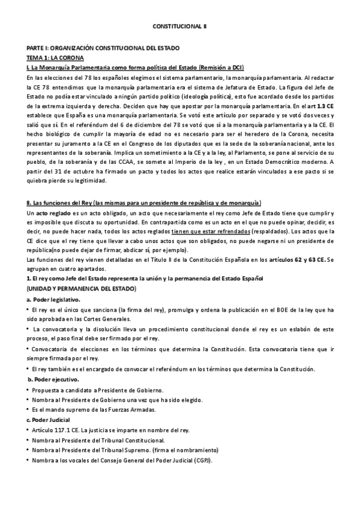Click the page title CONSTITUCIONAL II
coord(179,27)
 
